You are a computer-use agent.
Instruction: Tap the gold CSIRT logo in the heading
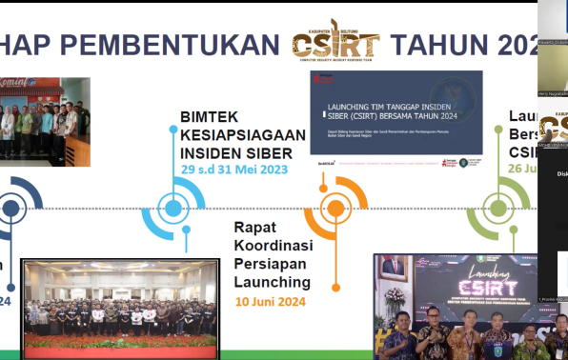(335, 42)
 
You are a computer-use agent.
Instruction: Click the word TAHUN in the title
(439, 45)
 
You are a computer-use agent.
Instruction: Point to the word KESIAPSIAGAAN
(243, 135)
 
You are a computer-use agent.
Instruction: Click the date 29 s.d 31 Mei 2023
(234, 170)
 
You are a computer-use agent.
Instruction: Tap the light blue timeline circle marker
(172, 209)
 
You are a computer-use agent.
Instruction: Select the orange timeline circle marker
(335, 209)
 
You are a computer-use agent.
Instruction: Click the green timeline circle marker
(497, 209)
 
